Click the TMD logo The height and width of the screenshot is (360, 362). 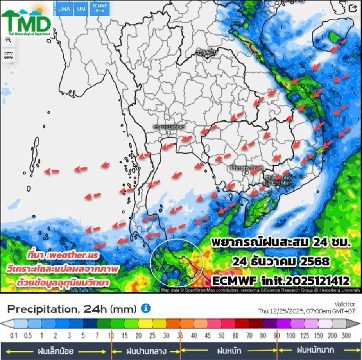point(26,21)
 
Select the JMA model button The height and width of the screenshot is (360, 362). point(64,9)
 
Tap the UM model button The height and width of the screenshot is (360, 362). point(81,9)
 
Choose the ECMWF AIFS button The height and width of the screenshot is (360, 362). point(100,9)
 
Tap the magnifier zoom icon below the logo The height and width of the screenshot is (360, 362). point(8,40)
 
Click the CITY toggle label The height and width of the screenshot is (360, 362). point(8,55)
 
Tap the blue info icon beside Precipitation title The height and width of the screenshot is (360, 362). point(146,309)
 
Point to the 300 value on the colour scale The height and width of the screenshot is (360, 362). point(345,335)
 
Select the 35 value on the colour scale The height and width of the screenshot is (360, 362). point(180,335)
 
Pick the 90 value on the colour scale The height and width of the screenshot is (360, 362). point(277,335)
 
